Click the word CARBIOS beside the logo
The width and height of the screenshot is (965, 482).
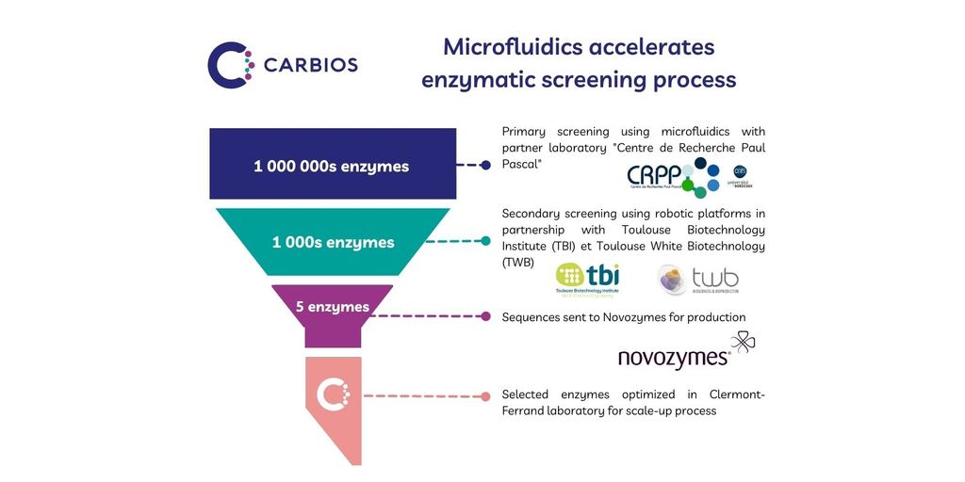pos(310,66)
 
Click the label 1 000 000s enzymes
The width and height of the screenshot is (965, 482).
pos(331,167)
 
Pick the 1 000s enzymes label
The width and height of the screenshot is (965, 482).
pos(333,242)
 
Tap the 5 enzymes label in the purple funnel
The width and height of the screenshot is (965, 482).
pos(332,307)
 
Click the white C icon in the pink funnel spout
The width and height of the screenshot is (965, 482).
pos(332,394)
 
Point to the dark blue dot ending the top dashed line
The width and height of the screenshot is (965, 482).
pos(485,165)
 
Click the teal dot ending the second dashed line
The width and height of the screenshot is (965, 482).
pos(485,241)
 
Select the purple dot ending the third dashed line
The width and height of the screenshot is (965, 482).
pos(485,316)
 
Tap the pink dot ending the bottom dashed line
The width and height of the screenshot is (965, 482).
pos(485,396)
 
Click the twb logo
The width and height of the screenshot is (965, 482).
pos(698,279)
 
